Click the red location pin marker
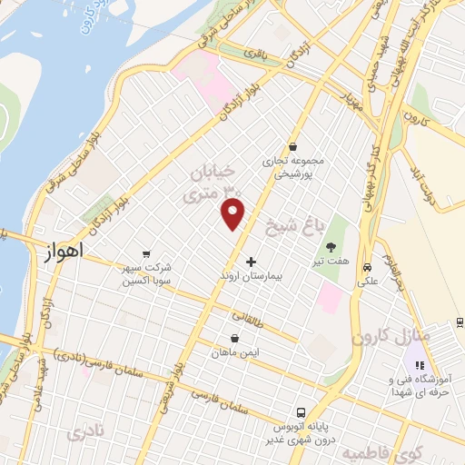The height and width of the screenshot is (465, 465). point(233,213)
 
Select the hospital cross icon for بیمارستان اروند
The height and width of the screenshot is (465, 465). point(252,262)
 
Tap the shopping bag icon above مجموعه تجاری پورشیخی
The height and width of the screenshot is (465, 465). point(292,146)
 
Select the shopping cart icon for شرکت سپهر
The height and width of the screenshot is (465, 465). point(146,255)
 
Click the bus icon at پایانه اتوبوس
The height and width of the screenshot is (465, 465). point(301,411)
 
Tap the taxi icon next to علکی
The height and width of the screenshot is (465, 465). point(367,268)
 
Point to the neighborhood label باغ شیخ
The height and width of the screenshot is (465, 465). point(290,223)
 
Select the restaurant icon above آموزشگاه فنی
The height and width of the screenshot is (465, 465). point(419,365)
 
